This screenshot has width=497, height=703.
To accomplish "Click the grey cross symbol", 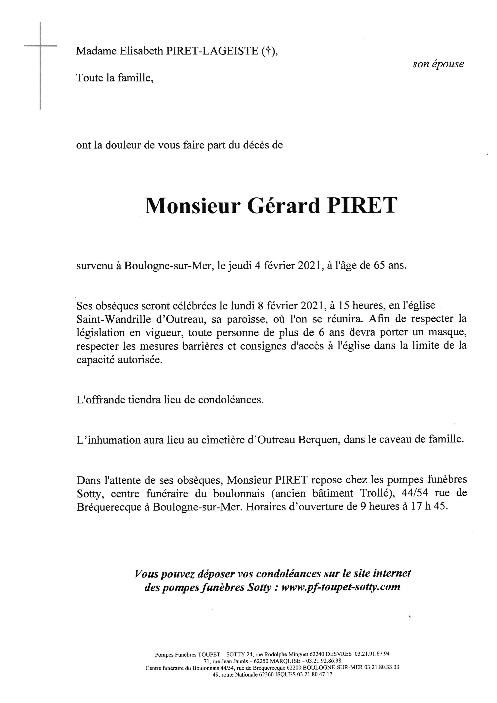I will (x=41, y=46).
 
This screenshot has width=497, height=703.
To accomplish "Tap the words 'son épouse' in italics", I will (x=438, y=64).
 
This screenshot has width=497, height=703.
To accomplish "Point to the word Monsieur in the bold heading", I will (x=192, y=206).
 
